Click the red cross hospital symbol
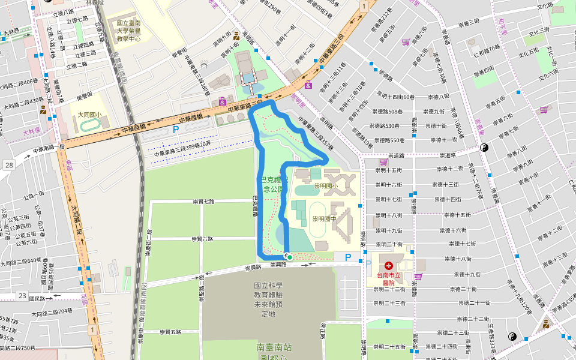pyautogui.click(x=389, y=265)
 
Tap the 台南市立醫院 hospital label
pyautogui.click(x=388, y=278)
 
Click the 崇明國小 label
pyautogui.click(x=326, y=185)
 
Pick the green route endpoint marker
pyautogui.click(x=289, y=257)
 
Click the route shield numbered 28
pyautogui.click(x=8, y=165)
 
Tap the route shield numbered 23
pyautogui.click(x=22, y=295)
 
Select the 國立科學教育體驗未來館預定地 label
pyautogui.click(x=268, y=300)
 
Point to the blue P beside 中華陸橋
pyautogui.click(x=176, y=129)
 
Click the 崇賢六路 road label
pyautogui.click(x=202, y=239)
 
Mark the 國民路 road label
pyautogui.click(x=37, y=298)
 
